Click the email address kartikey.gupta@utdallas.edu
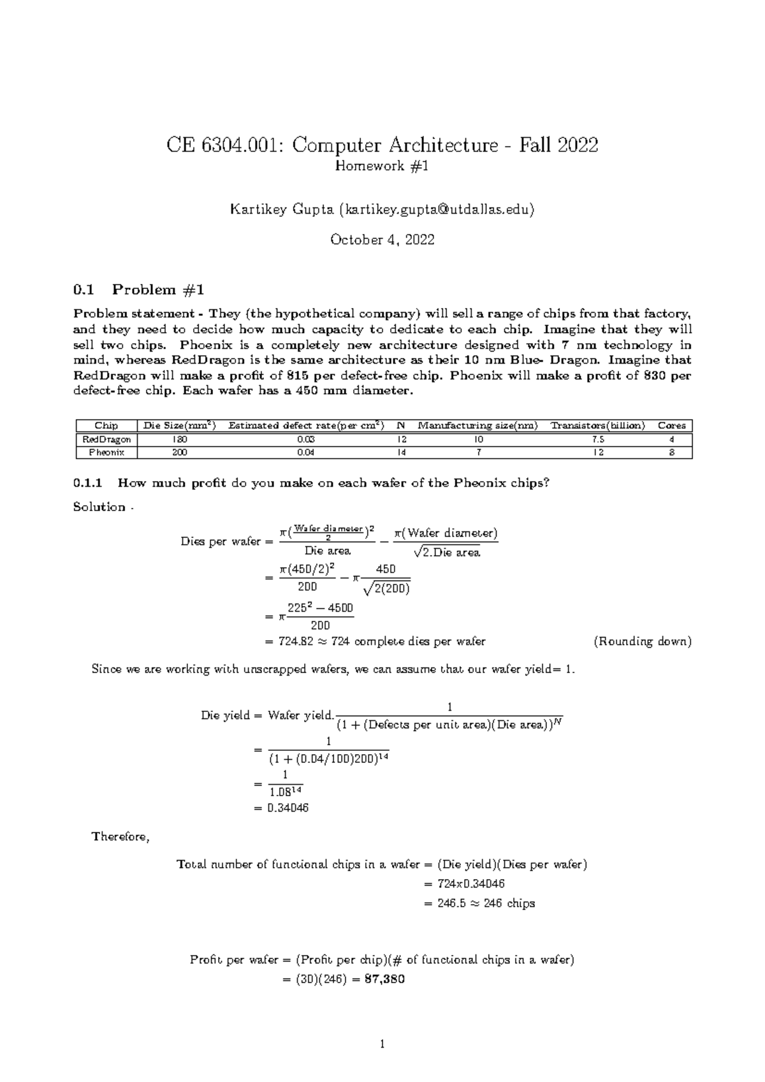tap(437, 209)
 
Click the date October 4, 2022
tap(382, 240)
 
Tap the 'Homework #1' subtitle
tap(382, 166)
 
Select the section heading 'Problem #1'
tap(157, 290)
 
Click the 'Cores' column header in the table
tap(671, 426)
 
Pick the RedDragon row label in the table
tap(106, 439)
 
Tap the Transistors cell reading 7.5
tap(598, 439)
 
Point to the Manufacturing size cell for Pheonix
tap(478, 452)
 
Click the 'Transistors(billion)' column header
tap(598, 426)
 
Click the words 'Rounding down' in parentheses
tap(642, 642)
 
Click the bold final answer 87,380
tap(384, 979)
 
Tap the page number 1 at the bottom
tap(382, 1044)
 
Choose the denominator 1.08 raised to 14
tap(285, 792)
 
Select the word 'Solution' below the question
tap(99, 507)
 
